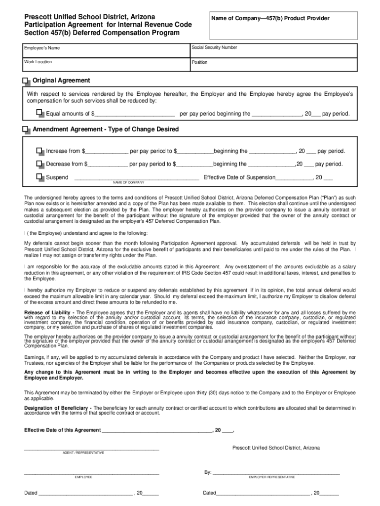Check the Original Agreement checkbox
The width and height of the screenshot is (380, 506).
coord(26,81)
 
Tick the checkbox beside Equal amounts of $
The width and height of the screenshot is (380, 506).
coord(40,114)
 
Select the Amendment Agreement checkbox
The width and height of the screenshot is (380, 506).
coord(26,129)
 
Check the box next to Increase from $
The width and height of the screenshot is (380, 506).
coord(40,151)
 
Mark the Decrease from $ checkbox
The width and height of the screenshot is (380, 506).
coord(40,164)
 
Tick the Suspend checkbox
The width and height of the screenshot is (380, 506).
coord(40,177)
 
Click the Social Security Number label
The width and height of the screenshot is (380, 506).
coord(215,48)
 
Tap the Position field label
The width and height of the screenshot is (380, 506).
coord(200,62)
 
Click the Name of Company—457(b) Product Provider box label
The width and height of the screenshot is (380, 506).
coord(270,19)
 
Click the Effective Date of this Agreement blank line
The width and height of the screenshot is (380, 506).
coord(156,430)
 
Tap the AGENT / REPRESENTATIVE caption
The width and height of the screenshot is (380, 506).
coord(83,453)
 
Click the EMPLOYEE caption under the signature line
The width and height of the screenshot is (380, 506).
coord(83,477)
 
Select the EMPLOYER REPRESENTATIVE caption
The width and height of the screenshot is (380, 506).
coord(272,477)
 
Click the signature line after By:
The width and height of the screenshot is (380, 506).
coord(276,472)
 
